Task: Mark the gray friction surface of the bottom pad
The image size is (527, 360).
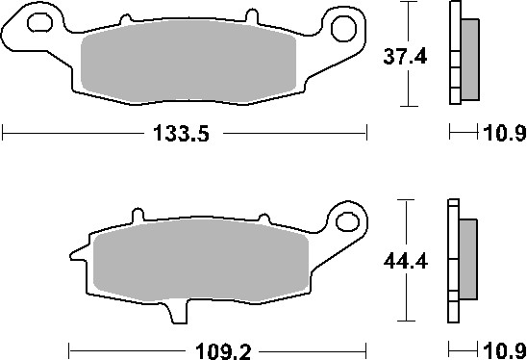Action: [202, 264]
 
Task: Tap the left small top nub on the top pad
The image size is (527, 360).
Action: [125, 18]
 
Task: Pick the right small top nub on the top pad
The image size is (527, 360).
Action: [249, 16]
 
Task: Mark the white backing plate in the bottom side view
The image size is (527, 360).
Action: [452, 261]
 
